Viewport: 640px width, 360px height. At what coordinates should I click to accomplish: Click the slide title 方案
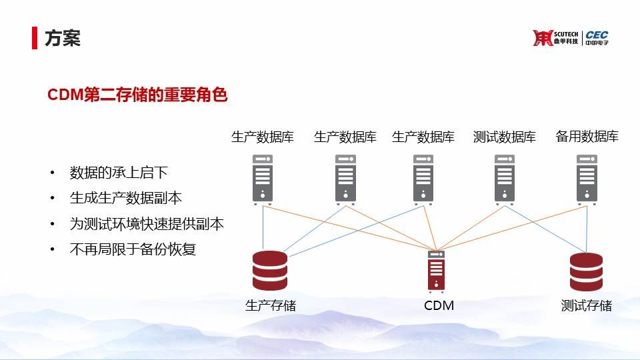click(63, 38)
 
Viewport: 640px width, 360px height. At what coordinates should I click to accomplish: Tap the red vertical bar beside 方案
click(34, 38)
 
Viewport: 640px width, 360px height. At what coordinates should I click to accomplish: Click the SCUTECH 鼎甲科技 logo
click(556, 38)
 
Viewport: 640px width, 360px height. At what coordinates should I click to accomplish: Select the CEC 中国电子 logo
click(597, 38)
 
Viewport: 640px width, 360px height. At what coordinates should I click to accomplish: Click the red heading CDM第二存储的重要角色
click(137, 95)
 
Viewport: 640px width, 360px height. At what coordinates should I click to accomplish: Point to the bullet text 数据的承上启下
click(119, 173)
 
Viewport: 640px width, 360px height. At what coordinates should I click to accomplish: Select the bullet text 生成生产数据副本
click(125, 199)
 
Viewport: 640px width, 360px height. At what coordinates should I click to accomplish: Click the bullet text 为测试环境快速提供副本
click(147, 224)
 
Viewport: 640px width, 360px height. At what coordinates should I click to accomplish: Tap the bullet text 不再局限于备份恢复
click(133, 250)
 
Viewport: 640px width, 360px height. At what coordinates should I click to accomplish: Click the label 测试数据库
click(504, 137)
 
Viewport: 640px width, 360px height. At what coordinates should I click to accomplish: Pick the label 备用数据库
click(587, 137)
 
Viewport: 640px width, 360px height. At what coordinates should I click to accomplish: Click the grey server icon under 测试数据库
click(505, 178)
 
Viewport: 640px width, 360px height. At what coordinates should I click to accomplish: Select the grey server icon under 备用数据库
click(587, 178)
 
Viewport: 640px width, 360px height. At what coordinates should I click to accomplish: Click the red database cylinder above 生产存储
click(270, 271)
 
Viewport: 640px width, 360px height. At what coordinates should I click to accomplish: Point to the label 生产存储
click(270, 305)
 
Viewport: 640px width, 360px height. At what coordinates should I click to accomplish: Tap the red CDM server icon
click(437, 271)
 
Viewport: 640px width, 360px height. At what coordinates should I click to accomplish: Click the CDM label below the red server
click(439, 305)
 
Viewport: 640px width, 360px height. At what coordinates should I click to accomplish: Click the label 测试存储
click(586, 305)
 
